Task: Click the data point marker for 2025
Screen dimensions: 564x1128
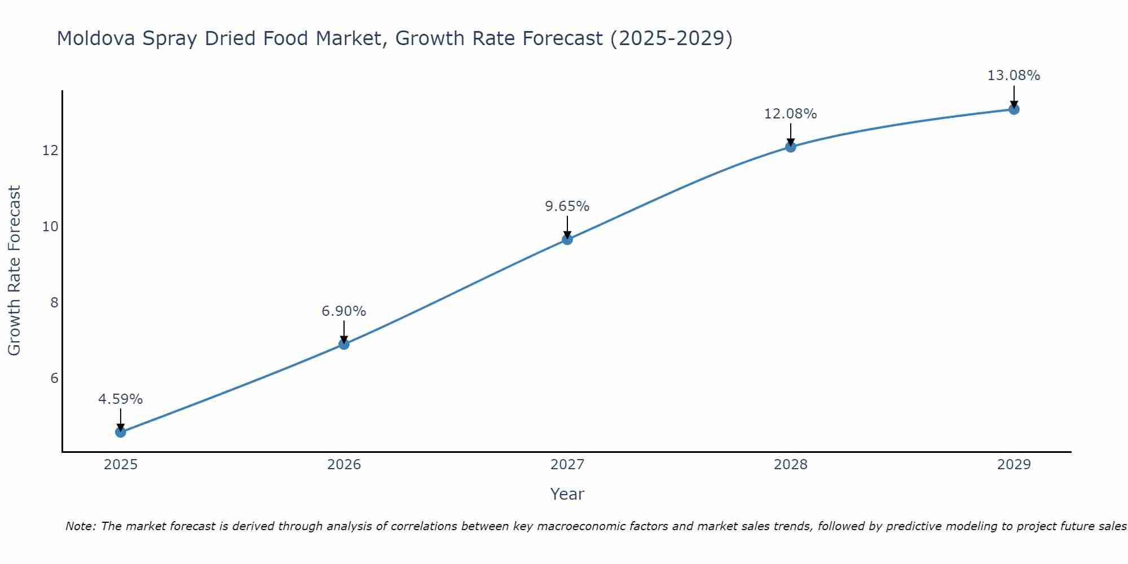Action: pyautogui.click(x=121, y=432)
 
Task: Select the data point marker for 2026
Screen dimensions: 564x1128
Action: pyautogui.click(x=344, y=344)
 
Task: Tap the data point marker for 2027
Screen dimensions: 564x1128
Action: pyautogui.click(x=567, y=239)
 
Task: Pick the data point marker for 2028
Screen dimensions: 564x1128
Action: pyautogui.click(x=791, y=147)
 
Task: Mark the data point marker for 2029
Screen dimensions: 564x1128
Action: pyautogui.click(x=1014, y=109)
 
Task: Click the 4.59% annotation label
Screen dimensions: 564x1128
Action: pyautogui.click(x=121, y=399)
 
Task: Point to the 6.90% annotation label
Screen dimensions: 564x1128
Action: pyautogui.click(x=344, y=311)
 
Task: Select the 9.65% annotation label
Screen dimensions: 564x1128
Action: pyautogui.click(x=567, y=206)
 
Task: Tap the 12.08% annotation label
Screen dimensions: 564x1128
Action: pyautogui.click(x=791, y=114)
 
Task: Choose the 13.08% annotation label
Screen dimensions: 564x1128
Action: pyautogui.click(x=1014, y=76)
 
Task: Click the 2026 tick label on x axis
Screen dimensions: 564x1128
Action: pyautogui.click(x=344, y=465)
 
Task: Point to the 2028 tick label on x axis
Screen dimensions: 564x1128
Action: pyautogui.click(x=791, y=465)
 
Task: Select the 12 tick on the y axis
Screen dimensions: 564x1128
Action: pyautogui.click(x=50, y=151)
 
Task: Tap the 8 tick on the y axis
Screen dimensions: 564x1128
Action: pyautogui.click(x=54, y=303)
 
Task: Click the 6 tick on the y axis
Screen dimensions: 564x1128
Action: pyautogui.click(x=54, y=378)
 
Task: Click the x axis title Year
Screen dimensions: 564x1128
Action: pyautogui.click(x=567, y=494)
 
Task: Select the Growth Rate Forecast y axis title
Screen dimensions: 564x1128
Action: pyautogui.click(x=15, y=271)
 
